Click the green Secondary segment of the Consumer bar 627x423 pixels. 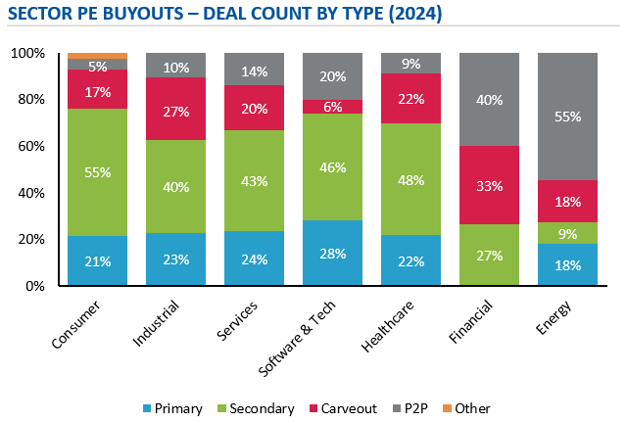click(x=98, y=172)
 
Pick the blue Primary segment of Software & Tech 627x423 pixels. click(x=333, y=254)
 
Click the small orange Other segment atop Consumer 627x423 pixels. click(x=98, y=55)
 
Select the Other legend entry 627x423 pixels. click(x=465, y=408)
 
